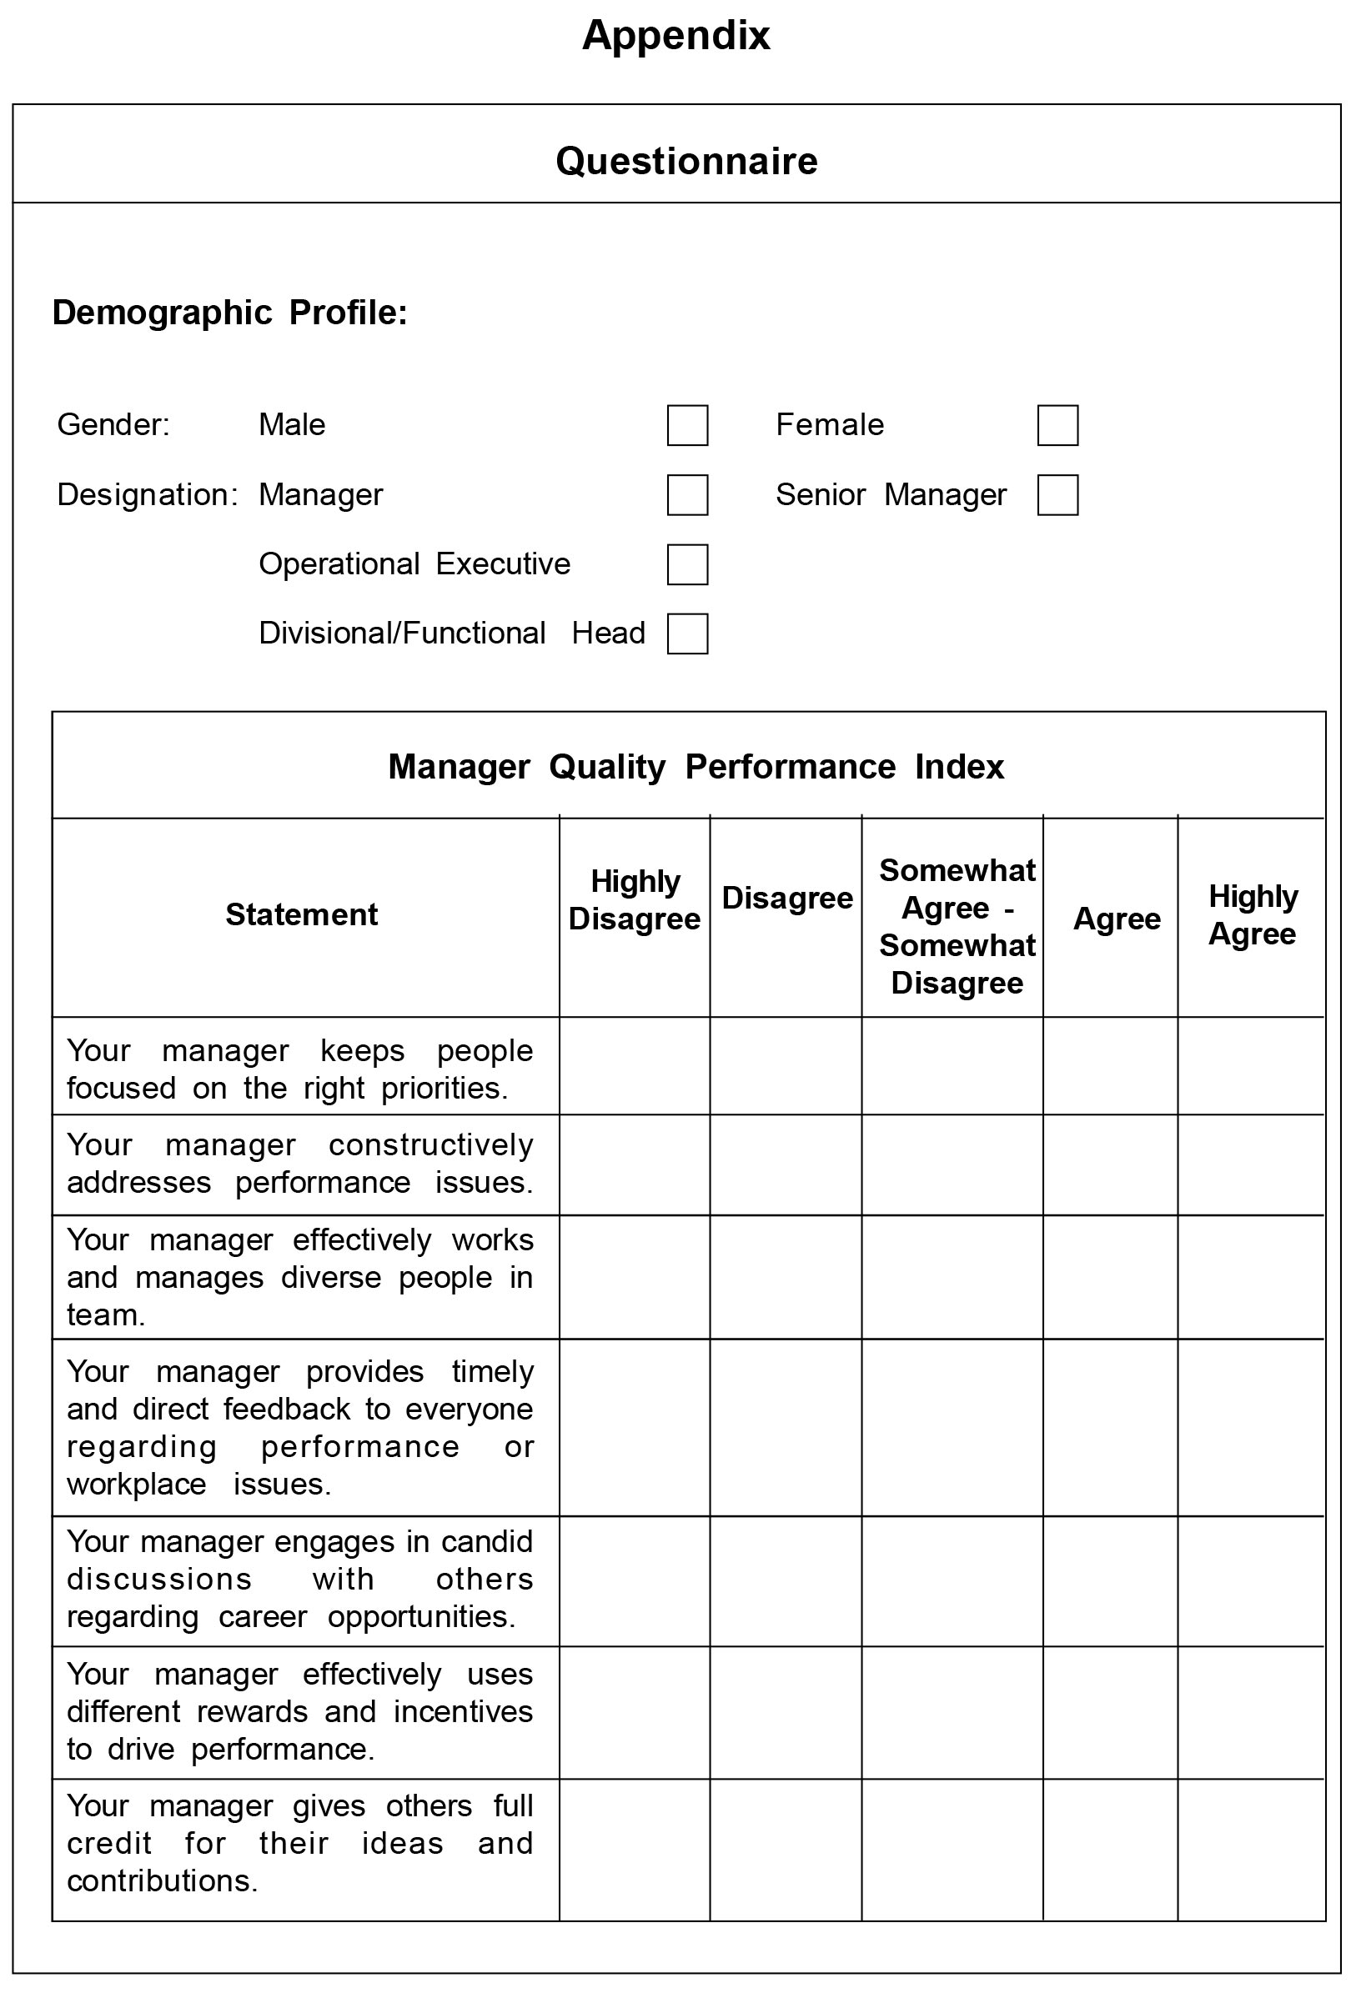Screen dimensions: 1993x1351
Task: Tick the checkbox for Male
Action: [x=687, y=425]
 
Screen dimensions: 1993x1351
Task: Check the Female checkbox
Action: [x=1057, y=425]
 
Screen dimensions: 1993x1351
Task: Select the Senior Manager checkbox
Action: [x=1057, y=495]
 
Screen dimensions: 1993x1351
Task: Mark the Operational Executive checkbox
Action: [x=687, y=564]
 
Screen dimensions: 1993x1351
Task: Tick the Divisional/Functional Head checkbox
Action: [x=687, y=633]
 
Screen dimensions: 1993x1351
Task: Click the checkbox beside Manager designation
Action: [x=687, y=495]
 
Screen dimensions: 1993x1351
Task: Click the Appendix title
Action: [x=676, y=36]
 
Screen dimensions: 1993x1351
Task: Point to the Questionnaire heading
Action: [x=686, y=161]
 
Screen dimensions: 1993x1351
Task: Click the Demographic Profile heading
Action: [x=230, y=312]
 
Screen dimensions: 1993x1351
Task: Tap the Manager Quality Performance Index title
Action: [x=696, y=766]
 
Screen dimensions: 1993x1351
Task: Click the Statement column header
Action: [x=301, y=914]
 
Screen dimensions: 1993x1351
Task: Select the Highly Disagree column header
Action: [x=634, y=899]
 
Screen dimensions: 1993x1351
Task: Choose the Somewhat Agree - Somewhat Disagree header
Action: [x=957, y=926]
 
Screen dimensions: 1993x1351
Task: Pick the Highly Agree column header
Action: [x=1252, y=915]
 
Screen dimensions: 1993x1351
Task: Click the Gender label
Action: [x=113, y=424]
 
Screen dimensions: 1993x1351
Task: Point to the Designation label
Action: [x=147, y=495]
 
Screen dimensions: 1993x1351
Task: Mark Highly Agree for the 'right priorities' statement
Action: [x=1251, y=1066]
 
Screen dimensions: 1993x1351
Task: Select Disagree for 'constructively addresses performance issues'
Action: [x=785, y=1164]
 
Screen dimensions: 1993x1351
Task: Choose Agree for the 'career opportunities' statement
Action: [x=1110, y=1580]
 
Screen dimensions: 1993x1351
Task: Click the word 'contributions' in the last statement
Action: [x=161, y=1880]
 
